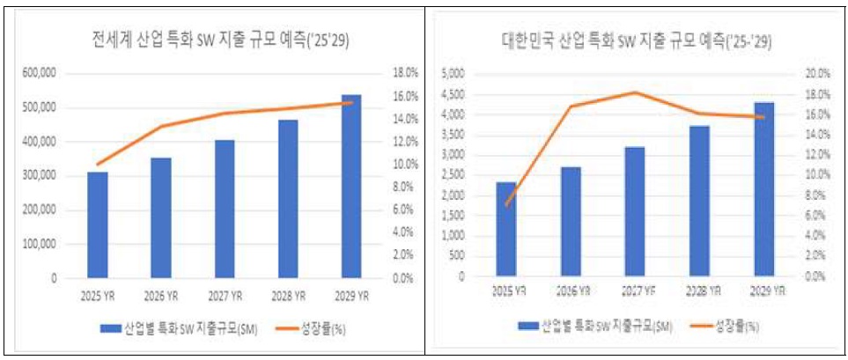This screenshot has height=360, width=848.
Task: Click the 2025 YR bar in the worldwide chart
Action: [x=97, y=224]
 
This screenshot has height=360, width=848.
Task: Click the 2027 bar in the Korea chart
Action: [x=635, y=211]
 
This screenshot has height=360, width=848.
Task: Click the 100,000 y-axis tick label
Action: [x=40, y=245]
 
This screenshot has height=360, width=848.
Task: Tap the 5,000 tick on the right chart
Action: [x=451, y=73]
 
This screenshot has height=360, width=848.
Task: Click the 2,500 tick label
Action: [x=451, y=175]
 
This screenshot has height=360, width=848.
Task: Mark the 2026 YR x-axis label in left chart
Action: [x=160, y=295]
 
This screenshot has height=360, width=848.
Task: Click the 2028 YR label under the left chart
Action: [x=287, y=295]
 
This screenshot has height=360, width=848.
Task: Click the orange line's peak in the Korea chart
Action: [x=635, y=92]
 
